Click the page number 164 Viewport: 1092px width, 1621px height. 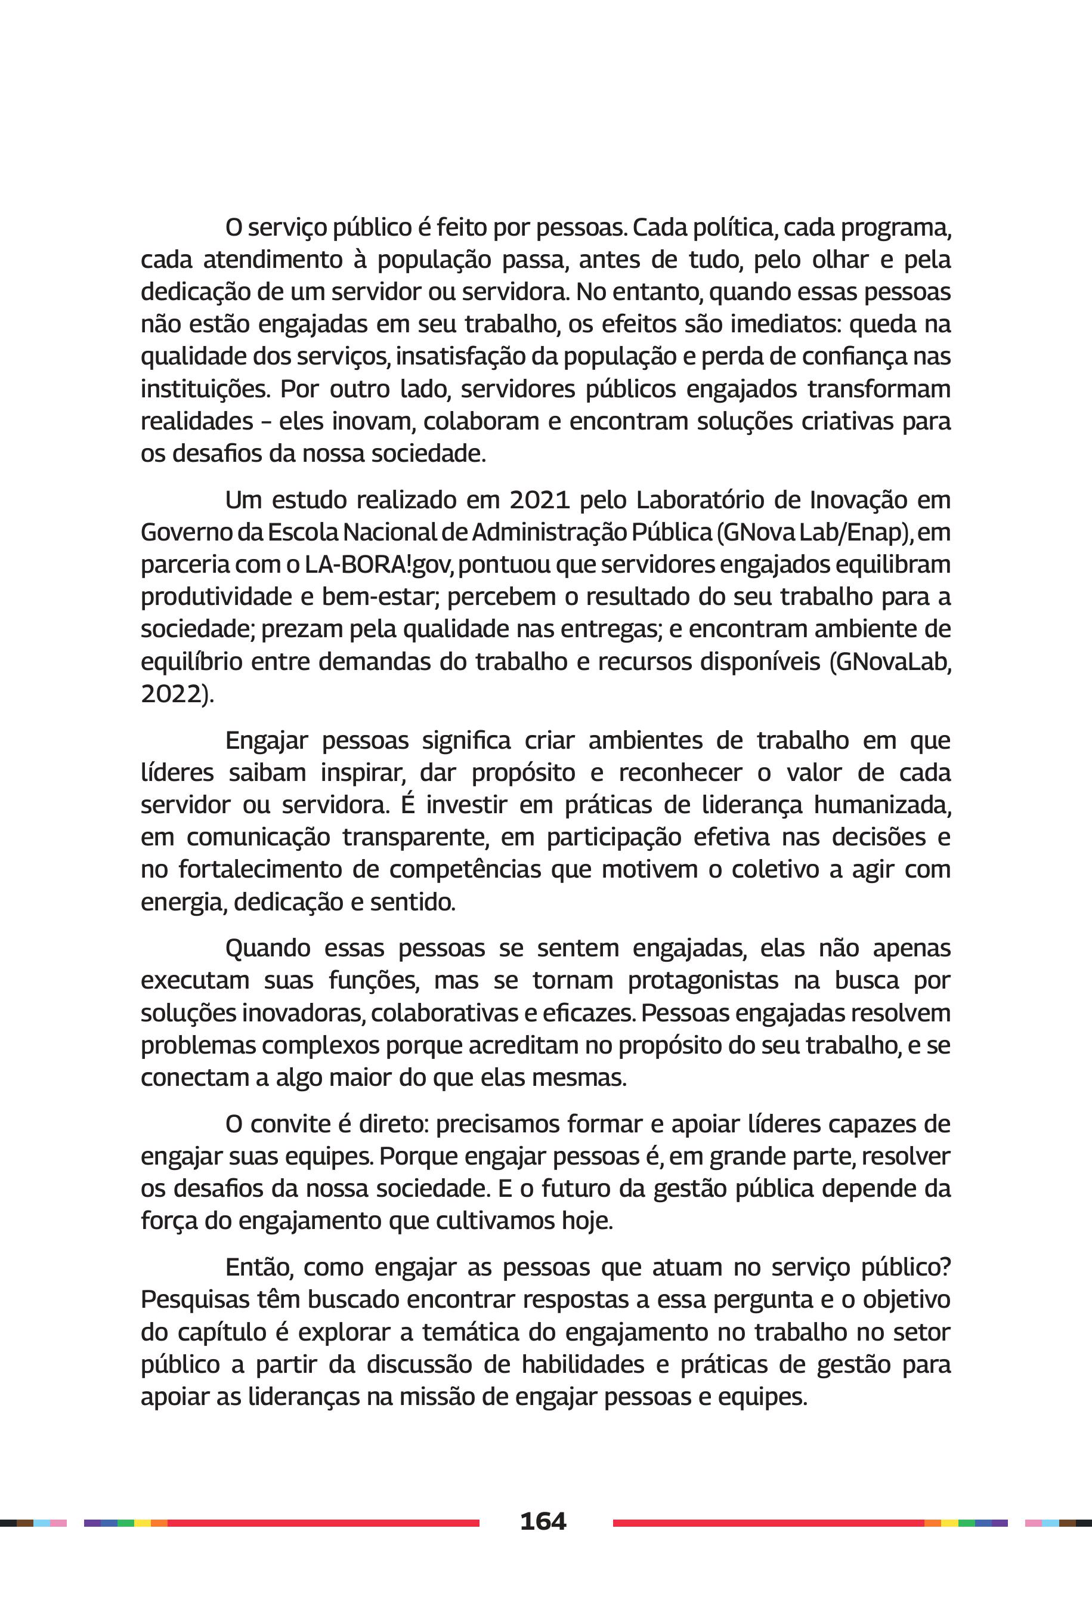tap(543, 1521)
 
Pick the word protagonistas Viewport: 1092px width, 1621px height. tap(703, 981)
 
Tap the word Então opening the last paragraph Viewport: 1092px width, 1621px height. tap(258, 1268)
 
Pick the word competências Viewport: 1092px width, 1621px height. tap(465, 869)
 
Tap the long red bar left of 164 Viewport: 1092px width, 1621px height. tap(323, 1523)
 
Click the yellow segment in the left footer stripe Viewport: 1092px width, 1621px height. tap(142, 1523)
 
